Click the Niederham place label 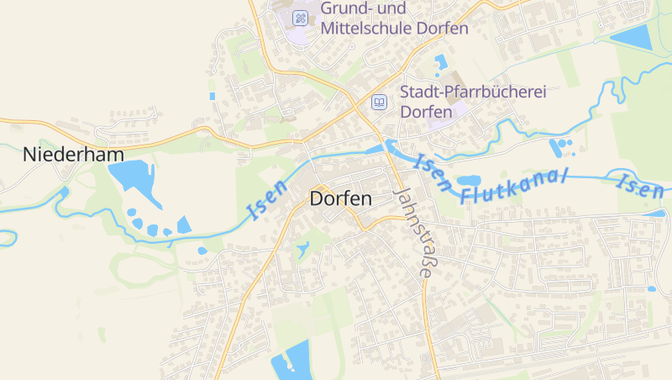click(x=74, y=155)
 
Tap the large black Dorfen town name click(x=340, y=199)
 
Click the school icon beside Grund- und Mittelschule click(x=300, y=18)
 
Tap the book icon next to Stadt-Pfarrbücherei click(x=380, y=102)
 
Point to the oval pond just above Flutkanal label click(x=468, y=180)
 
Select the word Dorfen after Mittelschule click(x=440, y=28)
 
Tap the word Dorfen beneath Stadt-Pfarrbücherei click(x=426, y=111)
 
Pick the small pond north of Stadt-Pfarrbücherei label click(x=441, y=61)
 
